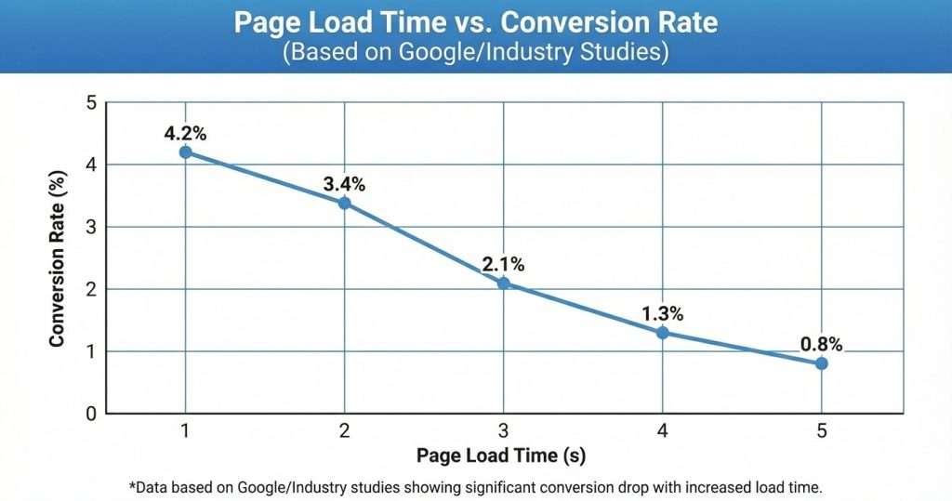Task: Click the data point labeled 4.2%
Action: click(x=186, y=152)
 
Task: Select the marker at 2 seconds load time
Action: click(x=345, y=203)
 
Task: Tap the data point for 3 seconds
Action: click(x=504, y=283)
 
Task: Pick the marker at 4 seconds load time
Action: click(x=663, y=332)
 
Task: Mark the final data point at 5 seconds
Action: click(x=822, y=363)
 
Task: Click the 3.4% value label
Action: click(x=344, y=183)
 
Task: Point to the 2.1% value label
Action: click(x=503, y=263)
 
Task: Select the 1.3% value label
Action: click(x=663, y=312)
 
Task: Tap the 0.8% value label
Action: click(x=821, y=344)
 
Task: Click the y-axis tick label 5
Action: click(x=91, y=102)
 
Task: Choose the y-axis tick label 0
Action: click(x=91, y=414)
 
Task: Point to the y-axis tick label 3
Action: click(x=91, y=227)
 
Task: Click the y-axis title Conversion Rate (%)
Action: click(x=58, y=258)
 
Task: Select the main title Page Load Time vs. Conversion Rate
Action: click(x=475, y=22)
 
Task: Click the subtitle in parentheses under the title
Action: click(x=475, y=51)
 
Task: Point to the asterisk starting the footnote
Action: click(x=131, y=485)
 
